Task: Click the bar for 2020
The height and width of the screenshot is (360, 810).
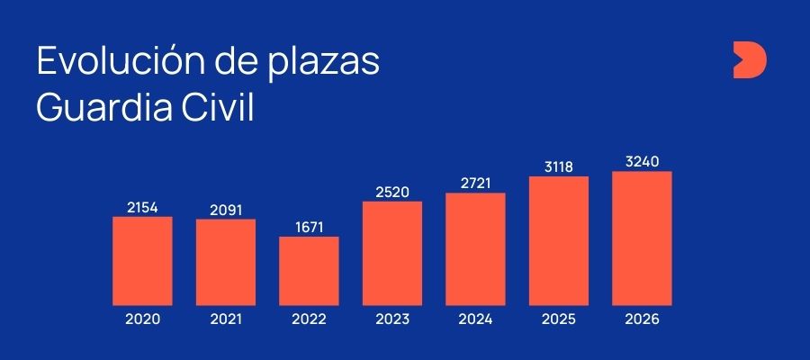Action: pos(142,261)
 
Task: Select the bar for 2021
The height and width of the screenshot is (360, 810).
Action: pos(226,262)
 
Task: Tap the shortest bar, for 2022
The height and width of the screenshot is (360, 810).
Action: pos(309,271)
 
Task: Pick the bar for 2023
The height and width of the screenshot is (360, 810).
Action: pos(392,253)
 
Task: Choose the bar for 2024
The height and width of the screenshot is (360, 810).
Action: pos(475,249)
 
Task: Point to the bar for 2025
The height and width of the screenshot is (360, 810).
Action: pos(559,240)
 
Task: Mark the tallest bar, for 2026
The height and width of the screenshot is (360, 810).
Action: pos(642,238)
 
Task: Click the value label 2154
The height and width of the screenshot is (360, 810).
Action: pos(142,207)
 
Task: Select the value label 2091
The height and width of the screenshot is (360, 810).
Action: pos(226,210)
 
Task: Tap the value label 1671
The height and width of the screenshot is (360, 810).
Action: pos(309,227)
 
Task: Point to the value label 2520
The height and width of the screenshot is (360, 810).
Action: pos(392,192)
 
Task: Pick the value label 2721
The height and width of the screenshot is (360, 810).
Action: pos(475,184)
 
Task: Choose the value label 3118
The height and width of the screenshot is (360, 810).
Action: pos(559,166)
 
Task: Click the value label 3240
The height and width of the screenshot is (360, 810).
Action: pos(642,162)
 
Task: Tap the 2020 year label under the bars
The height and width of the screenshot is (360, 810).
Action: pos(142,319)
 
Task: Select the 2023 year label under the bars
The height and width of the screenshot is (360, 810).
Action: pos(392,319)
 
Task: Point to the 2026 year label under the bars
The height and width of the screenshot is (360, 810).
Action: pos(642,319)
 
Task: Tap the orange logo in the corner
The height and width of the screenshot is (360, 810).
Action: pos(749,60)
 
